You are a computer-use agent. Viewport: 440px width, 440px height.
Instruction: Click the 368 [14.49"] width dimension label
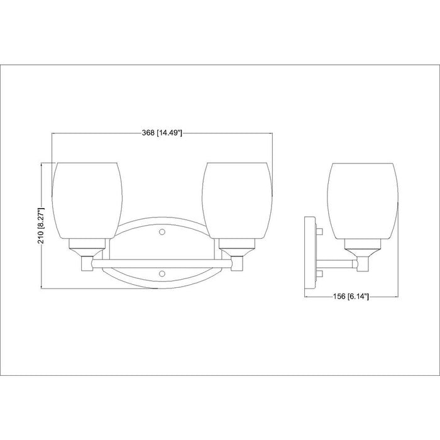click(x=162, y=133)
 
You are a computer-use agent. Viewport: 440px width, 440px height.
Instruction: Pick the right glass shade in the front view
click(x=238, y=200)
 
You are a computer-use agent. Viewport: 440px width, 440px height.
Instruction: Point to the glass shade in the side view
click(x=363, y=200)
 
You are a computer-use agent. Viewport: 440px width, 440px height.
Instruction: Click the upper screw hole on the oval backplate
click(x=163, y=232)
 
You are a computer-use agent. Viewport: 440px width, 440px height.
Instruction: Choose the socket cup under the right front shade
click(x=238, y=246)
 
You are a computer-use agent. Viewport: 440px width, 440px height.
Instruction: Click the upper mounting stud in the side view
click(x=319, y=233)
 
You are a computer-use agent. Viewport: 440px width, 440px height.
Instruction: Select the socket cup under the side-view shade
click(x=363, y=246)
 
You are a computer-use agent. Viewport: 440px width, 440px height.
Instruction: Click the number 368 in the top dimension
click(x=148, y=133)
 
